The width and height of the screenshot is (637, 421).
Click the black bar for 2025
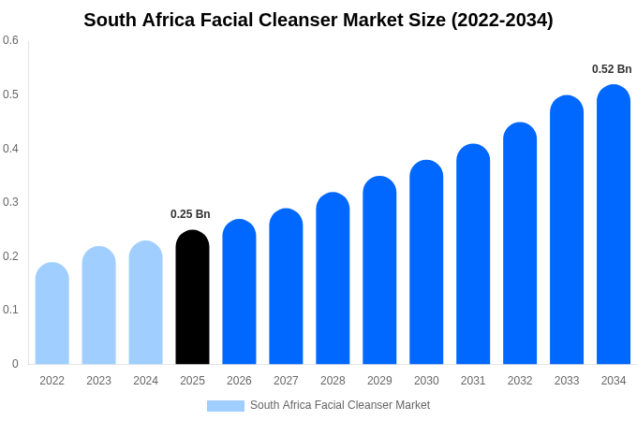tap(192, 298)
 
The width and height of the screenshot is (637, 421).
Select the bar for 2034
tap(614, 225)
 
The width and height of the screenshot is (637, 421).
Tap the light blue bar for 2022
tap(52, 313)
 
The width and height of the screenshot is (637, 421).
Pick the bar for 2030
tap(426, 262)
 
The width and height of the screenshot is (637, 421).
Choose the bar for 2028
tap(333, 279)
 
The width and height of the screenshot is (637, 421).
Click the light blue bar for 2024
tap(145, 302)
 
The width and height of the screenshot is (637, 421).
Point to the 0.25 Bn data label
tap(190, 214)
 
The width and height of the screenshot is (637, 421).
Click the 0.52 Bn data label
tap(612, 69)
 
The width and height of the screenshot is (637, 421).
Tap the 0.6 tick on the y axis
tap(10, 40)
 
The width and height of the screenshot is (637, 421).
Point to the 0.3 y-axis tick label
tap(10, 202)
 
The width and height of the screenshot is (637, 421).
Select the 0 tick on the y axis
tap(15, 364)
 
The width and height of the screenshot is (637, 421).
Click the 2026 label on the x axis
tap(239, 381)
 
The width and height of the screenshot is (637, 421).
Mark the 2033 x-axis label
tap(567, 381)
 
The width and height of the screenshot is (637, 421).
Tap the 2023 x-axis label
tap(98, 381)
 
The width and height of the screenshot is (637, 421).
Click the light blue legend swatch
tap(225, 406)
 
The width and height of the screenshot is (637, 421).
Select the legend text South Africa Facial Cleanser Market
tap(340, 405)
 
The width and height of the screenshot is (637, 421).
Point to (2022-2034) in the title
tap(502, 20)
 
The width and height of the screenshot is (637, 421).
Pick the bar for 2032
tap(520, 243)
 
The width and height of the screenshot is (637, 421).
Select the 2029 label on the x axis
tap(379, 381)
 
